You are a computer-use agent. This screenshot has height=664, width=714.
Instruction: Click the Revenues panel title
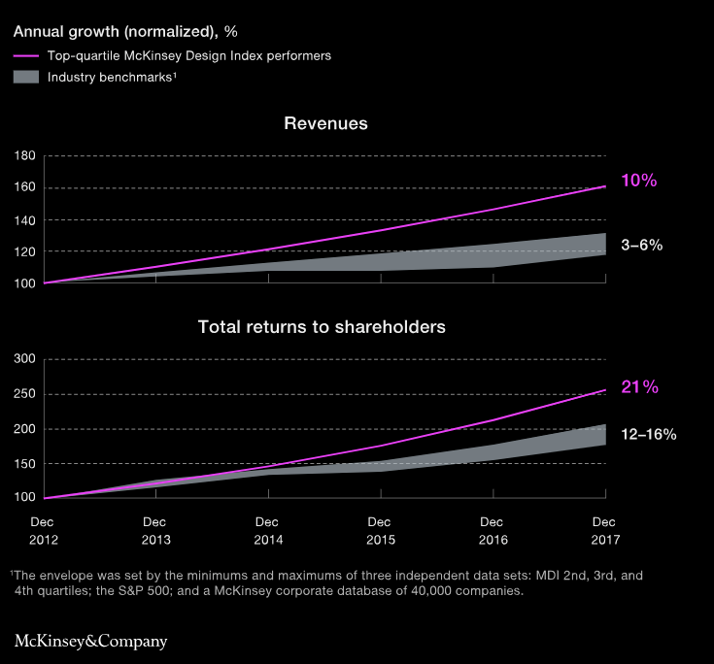[325, 124]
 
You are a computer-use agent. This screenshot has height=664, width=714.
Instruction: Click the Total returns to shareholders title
[322, 327]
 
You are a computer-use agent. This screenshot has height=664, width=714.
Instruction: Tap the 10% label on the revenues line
[640, 181]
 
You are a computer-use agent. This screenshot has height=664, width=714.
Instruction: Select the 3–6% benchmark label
[641, 246]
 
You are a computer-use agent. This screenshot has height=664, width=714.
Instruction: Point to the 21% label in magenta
[640, 387]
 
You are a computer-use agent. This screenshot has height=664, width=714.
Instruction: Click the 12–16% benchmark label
[649, 434]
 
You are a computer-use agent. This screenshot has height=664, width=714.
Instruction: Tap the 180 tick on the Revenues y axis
[25, 156]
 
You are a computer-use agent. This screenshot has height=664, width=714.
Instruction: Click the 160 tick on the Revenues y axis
[25, 188]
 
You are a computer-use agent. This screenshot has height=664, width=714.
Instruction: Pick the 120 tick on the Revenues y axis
[25, 252]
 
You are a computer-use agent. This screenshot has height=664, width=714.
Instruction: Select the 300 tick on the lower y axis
[25, 360]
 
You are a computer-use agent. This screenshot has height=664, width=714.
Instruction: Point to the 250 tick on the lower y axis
[25, 395]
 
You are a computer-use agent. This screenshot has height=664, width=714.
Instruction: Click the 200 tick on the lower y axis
[25, 429]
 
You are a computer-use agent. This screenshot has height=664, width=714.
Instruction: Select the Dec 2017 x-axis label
[604, 530]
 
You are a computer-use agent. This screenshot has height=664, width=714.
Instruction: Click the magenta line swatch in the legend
[26, 56]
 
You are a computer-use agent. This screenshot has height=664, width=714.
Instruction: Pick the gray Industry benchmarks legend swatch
[26, 77]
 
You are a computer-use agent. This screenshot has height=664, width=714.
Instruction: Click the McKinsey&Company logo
[90, 641]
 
